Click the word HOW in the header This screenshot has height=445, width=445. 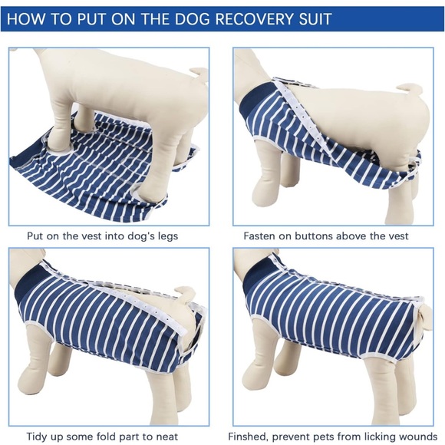click(x=28, y=18)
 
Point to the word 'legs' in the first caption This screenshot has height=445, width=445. click(x=164, y=236)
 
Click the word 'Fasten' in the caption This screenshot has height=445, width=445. click(x=262, y=236)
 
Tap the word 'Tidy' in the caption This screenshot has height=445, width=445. click(x=39, y=436)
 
